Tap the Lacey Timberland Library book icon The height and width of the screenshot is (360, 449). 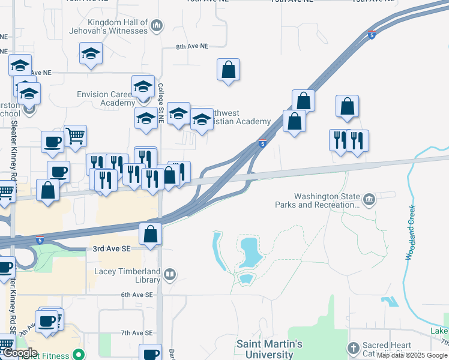tap(170, 275)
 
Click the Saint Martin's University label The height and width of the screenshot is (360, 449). tap(269, 349)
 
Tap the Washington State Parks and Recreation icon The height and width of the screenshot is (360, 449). tap(369, 198)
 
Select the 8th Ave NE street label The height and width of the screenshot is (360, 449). tap(191, 46)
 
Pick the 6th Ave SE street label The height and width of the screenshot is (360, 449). tap(137, 295)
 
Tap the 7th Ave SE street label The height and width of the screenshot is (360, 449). tap(137, 332)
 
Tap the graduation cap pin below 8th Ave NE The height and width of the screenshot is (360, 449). tap(91, 53)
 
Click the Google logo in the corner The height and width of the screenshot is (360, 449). tap(19, 353)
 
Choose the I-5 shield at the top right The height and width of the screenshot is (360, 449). tap(372, 35)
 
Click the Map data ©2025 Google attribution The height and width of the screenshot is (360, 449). tap(412, 355)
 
